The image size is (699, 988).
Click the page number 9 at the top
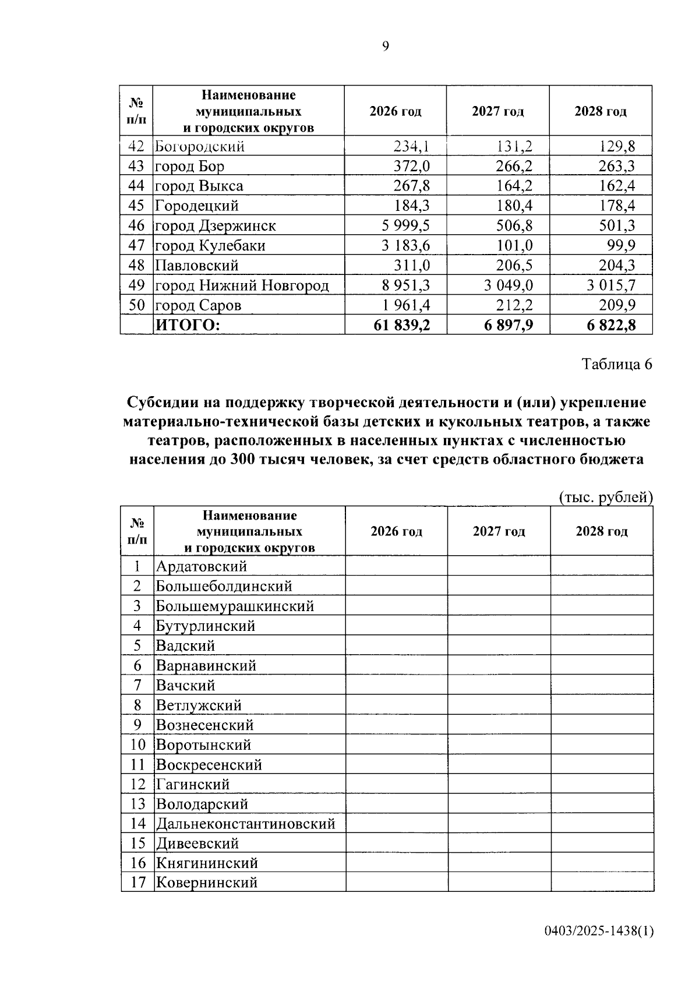pyautogui.click(x=385, y=47)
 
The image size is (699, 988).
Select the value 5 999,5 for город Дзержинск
pyautogui.click(x=405, y=225)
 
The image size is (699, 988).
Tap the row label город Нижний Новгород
pyautogui.click(x=242, y=285)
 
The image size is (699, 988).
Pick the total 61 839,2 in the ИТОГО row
pyautogui.click(x=401, y=325)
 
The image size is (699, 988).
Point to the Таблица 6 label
pyautogui.click(x=617, y=364)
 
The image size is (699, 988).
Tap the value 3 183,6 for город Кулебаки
pyautogui.click(x=405, y=245)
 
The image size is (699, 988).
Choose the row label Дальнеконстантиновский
pyautogui.click(x=245, y=824)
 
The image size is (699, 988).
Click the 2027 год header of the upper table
pyautogui.click(x=497, y=111)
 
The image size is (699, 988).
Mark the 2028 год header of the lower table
pyautogui.click(x=602, y=531)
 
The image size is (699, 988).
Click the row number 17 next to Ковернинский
pyautogui.click(x=137, y=882)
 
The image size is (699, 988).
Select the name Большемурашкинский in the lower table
pyautogui.click(x=235, y=606)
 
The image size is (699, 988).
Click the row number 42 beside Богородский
pyautogui.click(x=136, y=146)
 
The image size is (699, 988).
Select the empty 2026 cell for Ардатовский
pyautogui.click(x=396, y=566)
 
